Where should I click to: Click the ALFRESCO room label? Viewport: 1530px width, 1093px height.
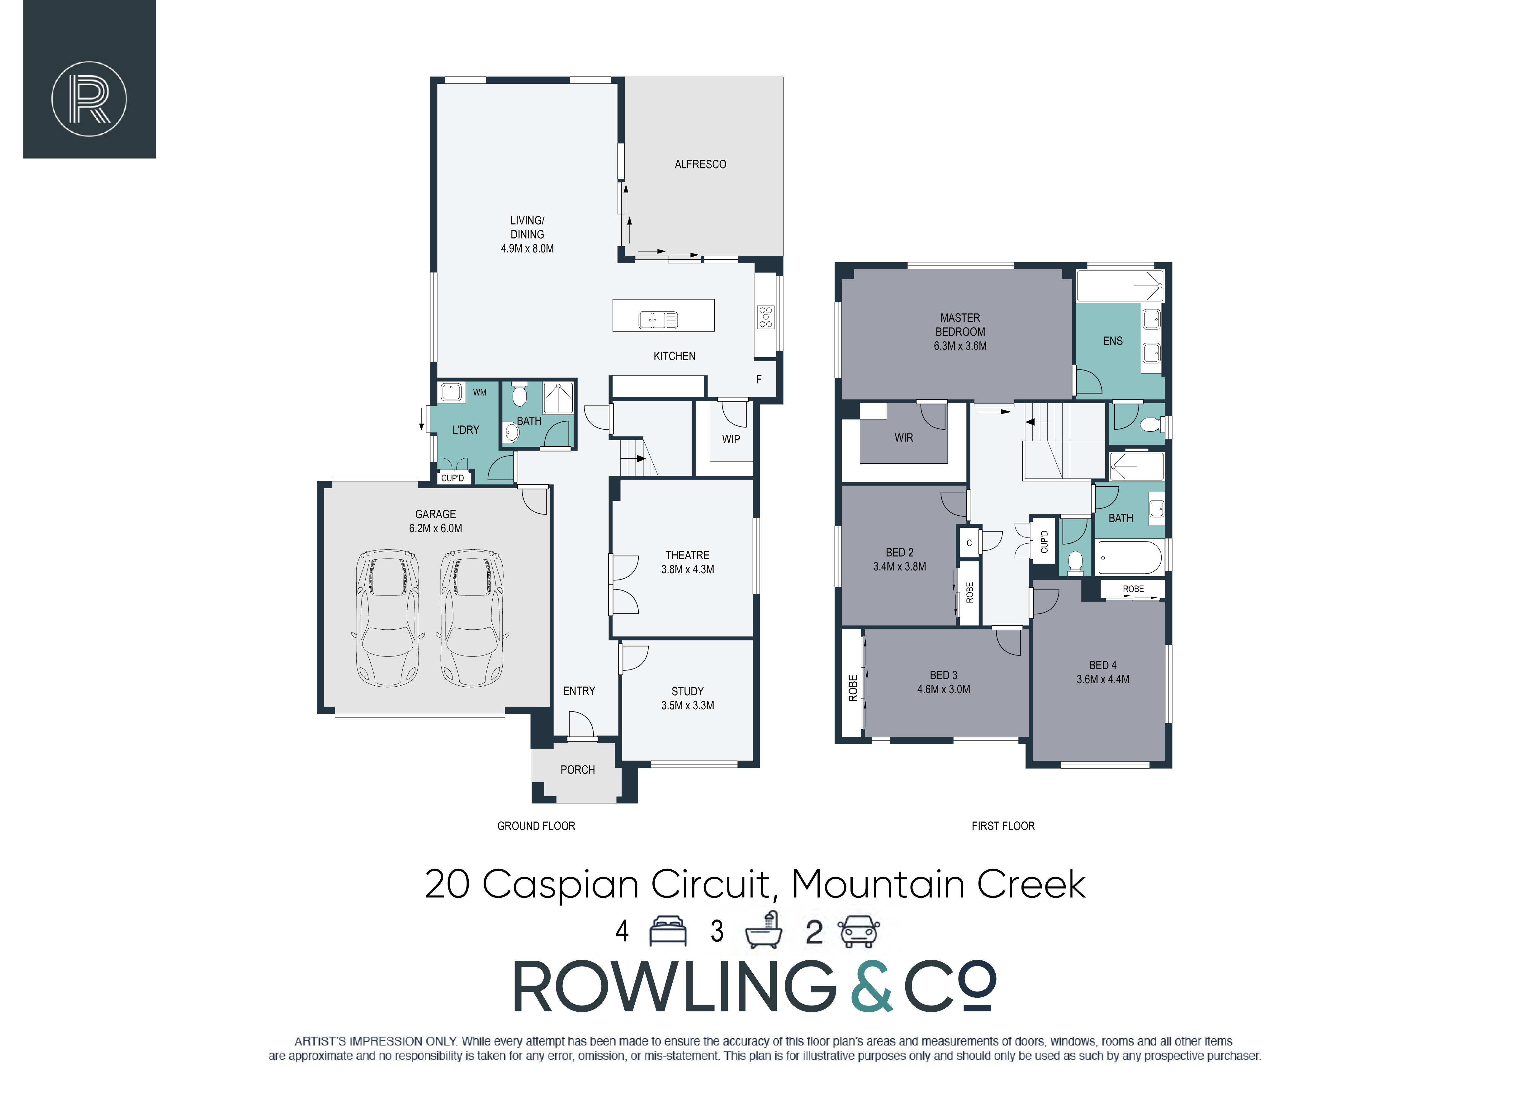[700, 164]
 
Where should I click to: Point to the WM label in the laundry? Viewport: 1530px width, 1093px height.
[479, 392]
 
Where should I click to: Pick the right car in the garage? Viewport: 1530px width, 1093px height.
[472, 618]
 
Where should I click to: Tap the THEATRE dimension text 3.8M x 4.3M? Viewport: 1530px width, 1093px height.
[687, 569]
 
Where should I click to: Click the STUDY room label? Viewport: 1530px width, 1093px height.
[687, 691]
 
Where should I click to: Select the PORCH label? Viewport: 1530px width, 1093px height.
[578, 770]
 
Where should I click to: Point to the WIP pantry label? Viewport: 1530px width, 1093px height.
[731, 439]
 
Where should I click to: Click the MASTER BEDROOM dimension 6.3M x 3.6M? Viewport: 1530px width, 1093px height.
[960, 346]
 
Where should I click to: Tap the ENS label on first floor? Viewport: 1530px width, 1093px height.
[1113, 341]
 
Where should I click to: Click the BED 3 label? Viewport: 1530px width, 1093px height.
[943, 675]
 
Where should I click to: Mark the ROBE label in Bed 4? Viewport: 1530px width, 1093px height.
[1133, 589]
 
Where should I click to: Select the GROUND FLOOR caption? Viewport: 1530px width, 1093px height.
[536, 826]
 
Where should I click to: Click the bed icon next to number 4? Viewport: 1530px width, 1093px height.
[668, 931]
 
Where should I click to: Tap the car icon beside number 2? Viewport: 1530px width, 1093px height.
[858, 931]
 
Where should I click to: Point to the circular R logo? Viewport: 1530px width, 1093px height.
[89, 99]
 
